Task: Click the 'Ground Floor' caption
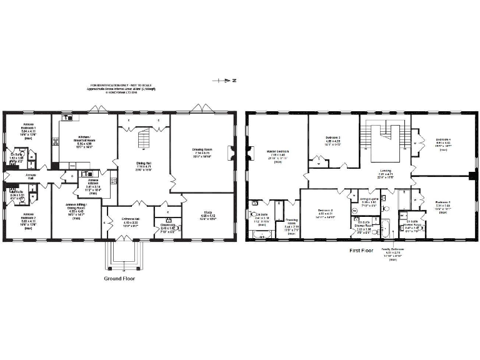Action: [x=119, y=279]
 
